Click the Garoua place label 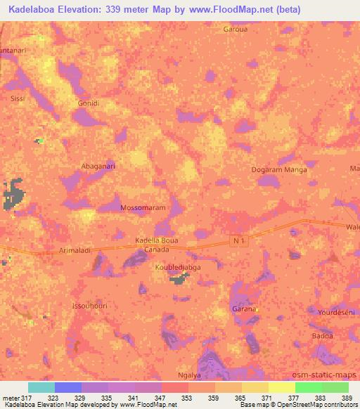(x=235, y=30)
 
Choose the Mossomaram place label (x=143, y=209)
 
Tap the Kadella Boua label (x=156, y=241)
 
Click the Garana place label (x=243, y=309)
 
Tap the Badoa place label (x=323, y=336)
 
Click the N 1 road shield (x=240, y=240)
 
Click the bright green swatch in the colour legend (x=308, y=387)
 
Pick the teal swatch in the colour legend (x=41, y=387)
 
